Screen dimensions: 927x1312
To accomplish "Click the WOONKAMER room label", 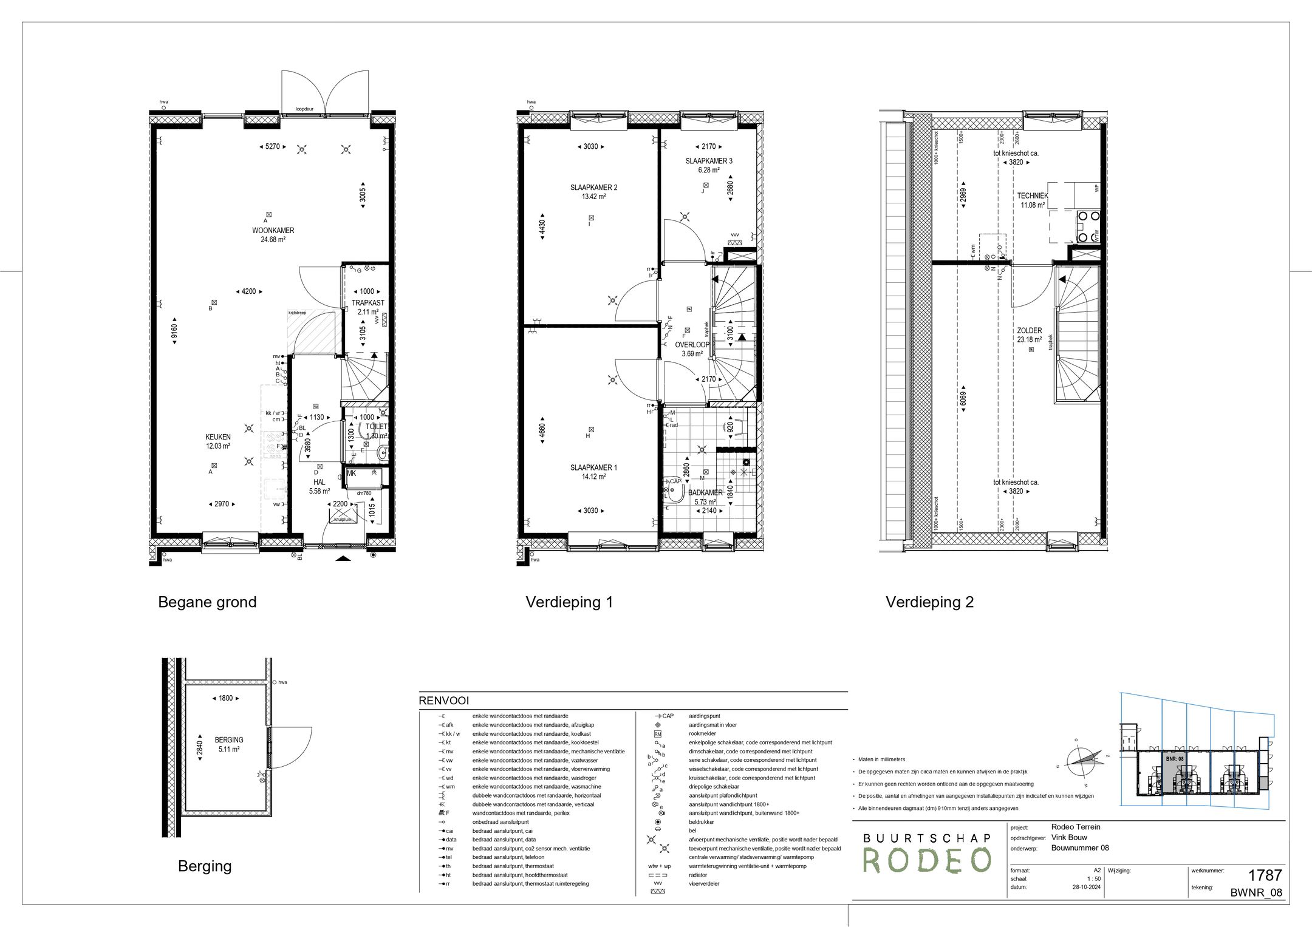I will coord(273,231).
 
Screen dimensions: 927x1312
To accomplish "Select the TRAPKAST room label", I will coord(367,303).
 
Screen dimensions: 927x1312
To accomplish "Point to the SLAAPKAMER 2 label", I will coord(593,188).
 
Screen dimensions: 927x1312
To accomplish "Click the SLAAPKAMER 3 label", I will coord(708,161).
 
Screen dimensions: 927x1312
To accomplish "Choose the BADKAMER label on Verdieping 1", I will coord(705,493).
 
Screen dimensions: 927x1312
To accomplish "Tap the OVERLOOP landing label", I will coord(692,345).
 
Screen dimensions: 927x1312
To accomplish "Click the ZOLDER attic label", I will coord(1029,331).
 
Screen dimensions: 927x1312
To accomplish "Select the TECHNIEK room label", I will coord(1033,196).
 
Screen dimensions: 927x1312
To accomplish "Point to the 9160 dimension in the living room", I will coord(174,331).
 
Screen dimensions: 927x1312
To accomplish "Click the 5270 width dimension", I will coord(272,146).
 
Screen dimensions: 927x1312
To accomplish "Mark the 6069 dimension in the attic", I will coord(963,401).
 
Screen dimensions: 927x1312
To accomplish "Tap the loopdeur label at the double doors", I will coord(305,109).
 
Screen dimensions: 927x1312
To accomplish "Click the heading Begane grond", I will coord(207,602).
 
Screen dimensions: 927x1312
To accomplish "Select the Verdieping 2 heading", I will coord(929,602).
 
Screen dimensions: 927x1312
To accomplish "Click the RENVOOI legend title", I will coord(443,701).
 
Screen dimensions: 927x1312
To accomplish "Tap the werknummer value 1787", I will coord(1264,875).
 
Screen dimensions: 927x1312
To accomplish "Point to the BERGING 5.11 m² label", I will coord(229,744).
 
